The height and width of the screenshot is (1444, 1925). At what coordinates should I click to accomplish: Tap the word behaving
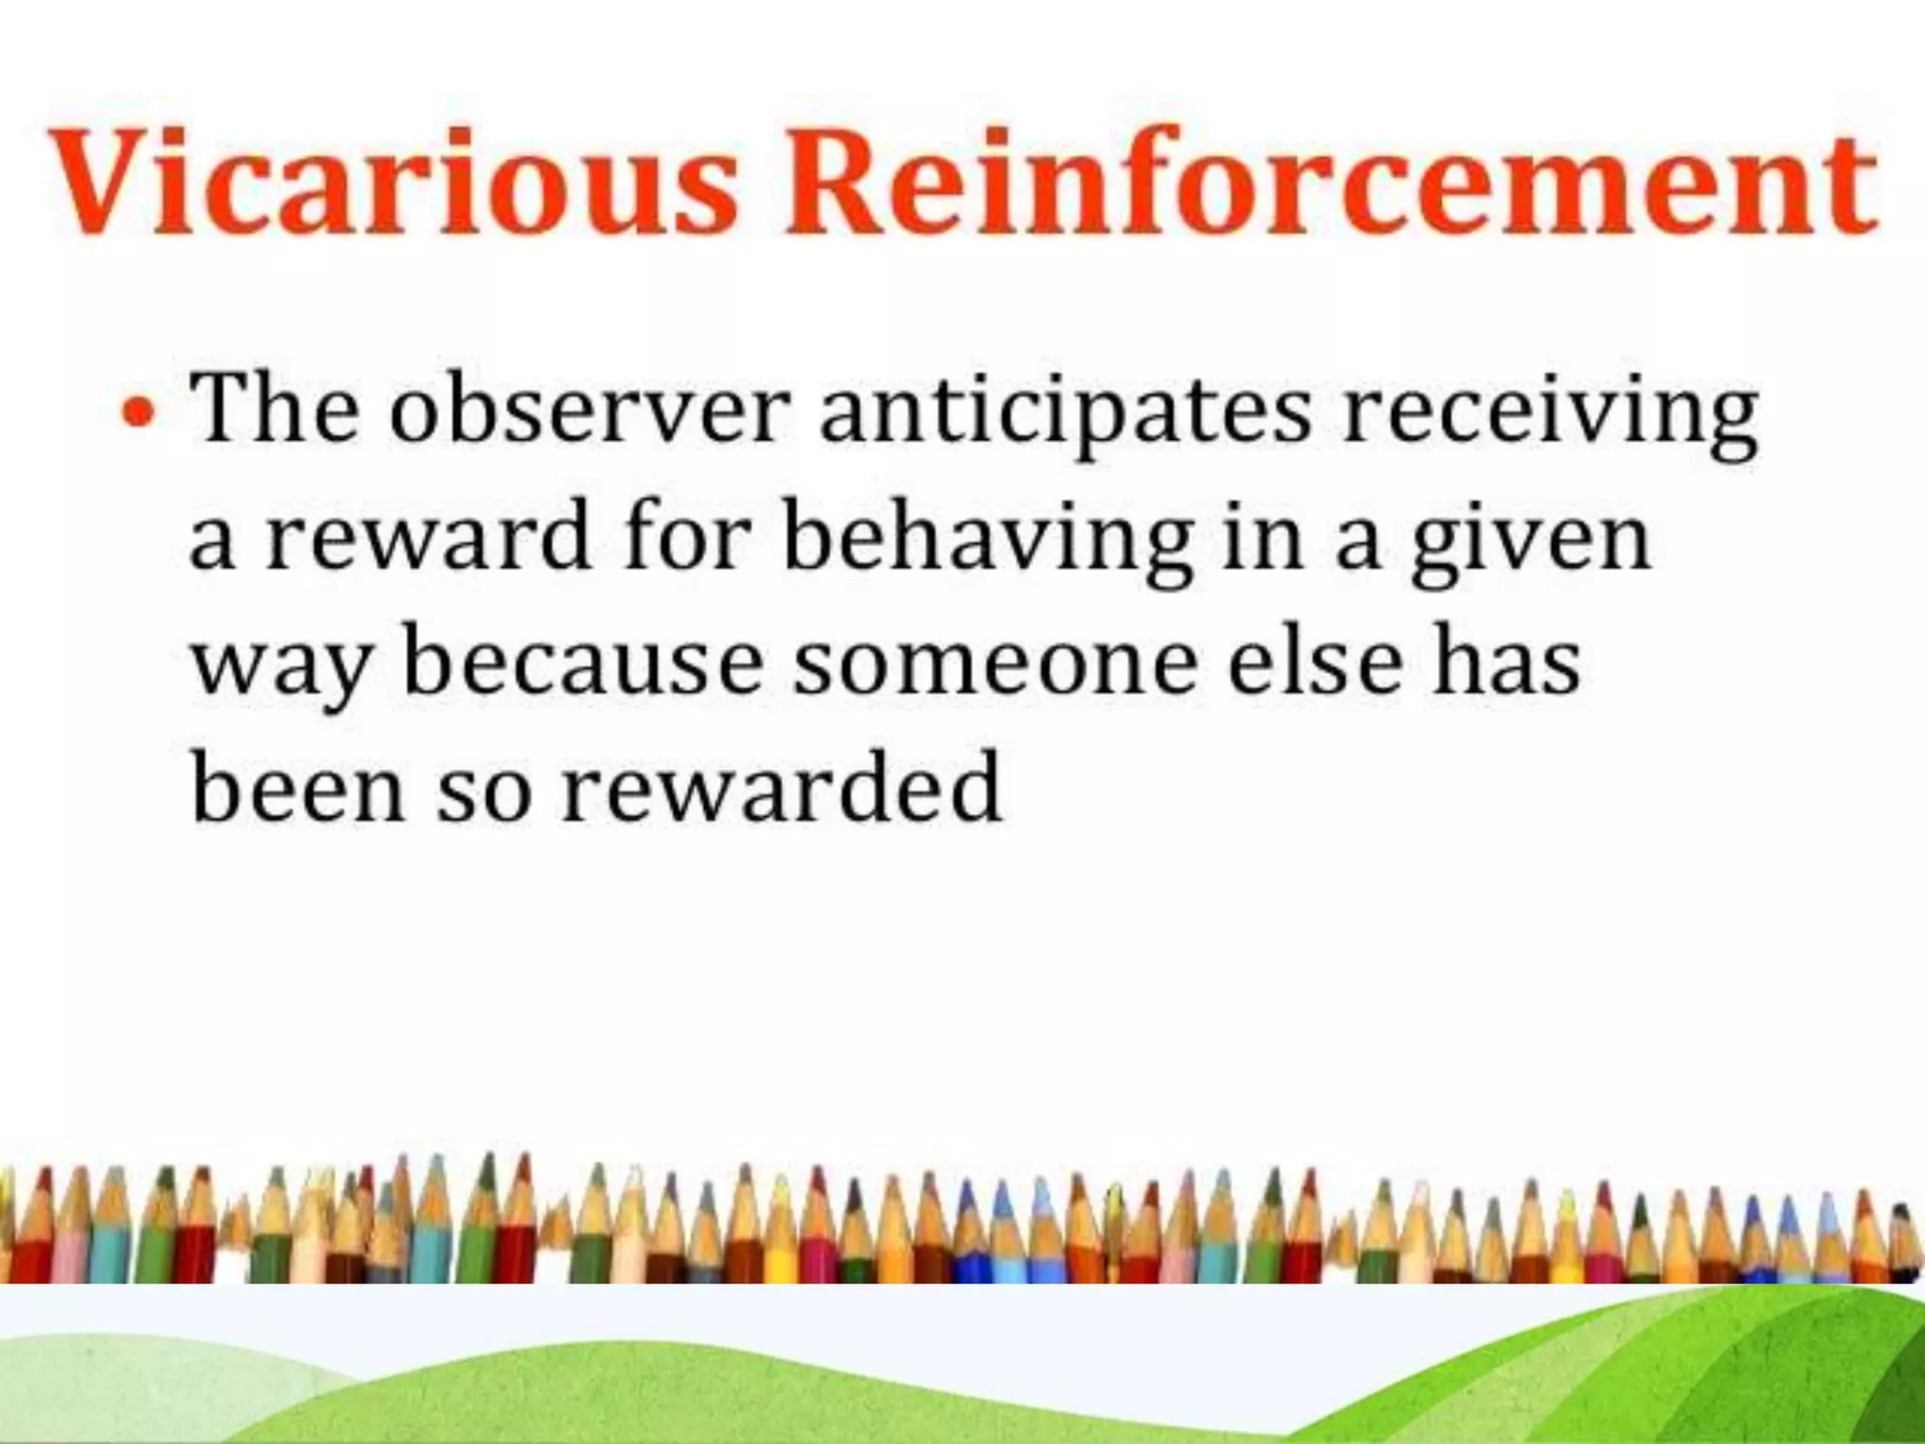[x=988, y=540]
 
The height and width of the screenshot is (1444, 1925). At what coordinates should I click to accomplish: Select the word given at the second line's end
[x=1531, y=540]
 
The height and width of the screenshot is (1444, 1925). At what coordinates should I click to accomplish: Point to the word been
[x=298, y=790]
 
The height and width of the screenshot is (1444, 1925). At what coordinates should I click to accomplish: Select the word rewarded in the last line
[x=781, y=790]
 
